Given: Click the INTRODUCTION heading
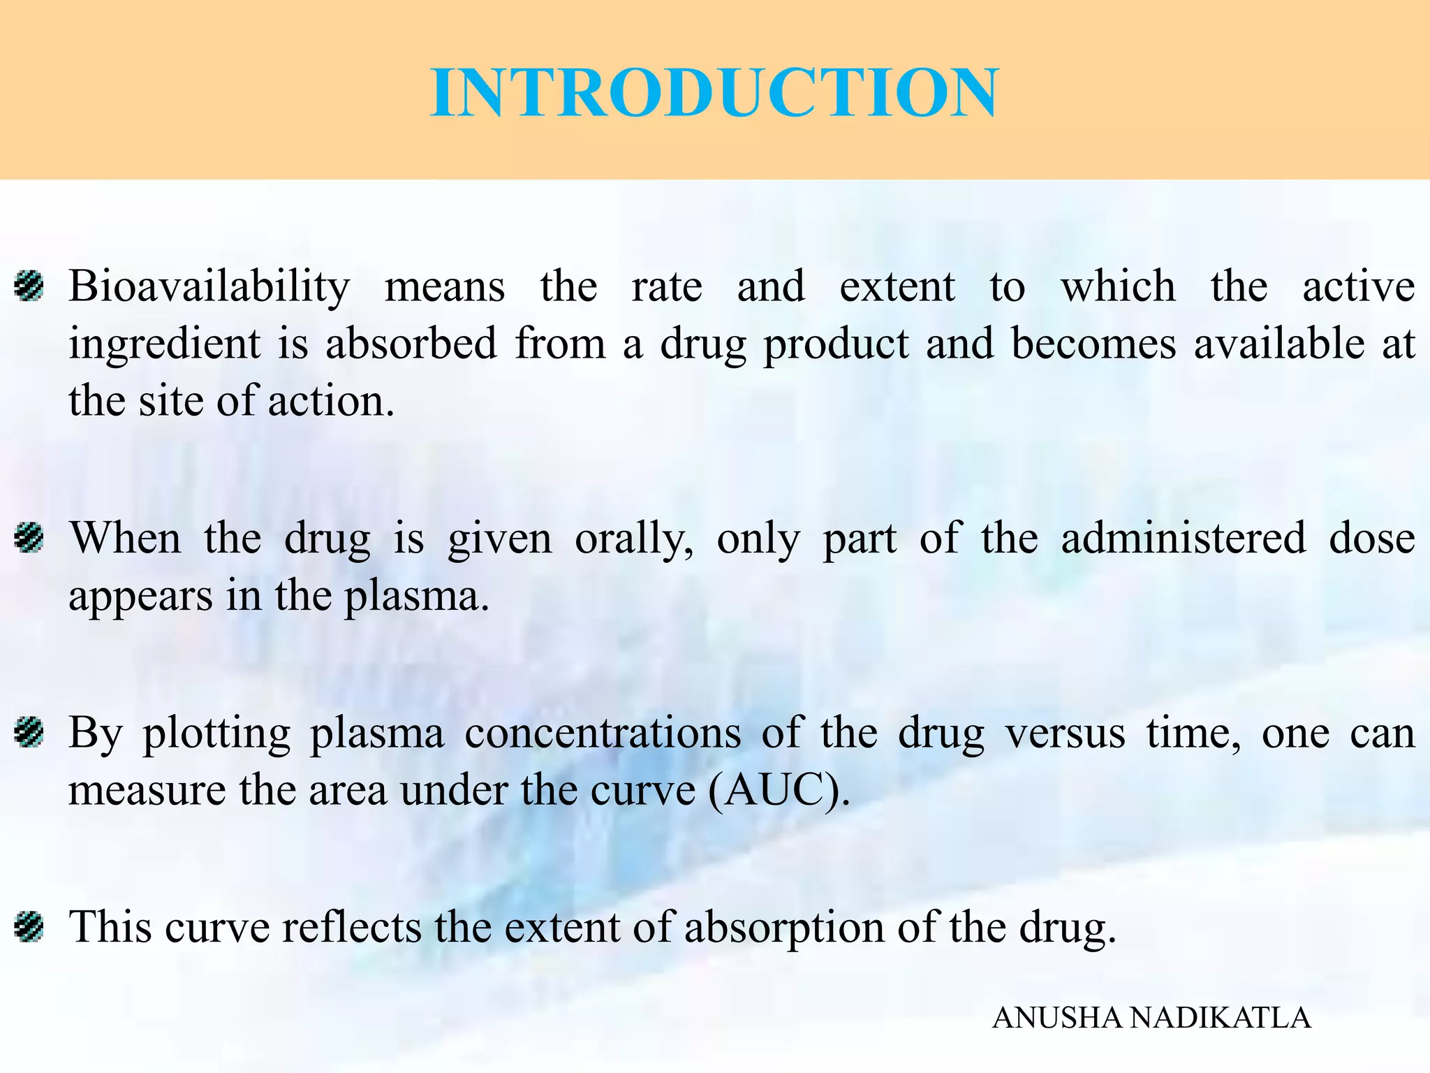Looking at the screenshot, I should (714, 93).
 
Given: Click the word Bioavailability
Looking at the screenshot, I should (209, 286).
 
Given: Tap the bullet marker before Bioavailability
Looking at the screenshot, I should (30, 286).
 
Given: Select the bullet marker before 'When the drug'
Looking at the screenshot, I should (30, 539).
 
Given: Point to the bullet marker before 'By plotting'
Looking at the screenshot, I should (30, 733).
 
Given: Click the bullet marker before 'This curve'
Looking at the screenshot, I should (30, 927).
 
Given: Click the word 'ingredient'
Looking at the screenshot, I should (165, 344).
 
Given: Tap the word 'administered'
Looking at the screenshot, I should (1184, 538).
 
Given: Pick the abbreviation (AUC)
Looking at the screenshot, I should (779, 791).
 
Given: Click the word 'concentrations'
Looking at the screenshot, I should (603, 733).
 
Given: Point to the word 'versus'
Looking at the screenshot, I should (1065, 733).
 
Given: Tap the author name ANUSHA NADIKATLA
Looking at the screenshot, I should (1151, 1018).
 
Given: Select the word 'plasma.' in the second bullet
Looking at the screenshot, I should (417, 597).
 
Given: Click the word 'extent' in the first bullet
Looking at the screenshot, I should (897, 286).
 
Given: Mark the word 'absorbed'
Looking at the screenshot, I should (411, 344).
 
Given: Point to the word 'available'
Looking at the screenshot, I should (1278, 344).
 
